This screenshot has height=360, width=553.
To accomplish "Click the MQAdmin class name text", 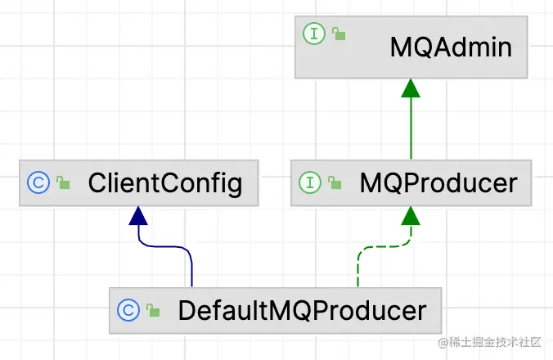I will (x=451, y=47).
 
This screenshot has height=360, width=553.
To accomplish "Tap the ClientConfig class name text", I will (x=165, y=182).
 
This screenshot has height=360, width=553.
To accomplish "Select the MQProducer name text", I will (x=438, y=182).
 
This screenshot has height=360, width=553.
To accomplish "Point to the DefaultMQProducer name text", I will (x=302, y=311).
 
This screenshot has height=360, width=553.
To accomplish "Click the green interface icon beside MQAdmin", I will (x=315, y=34).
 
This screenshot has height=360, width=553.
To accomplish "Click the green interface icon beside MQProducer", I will (x=310, y=182).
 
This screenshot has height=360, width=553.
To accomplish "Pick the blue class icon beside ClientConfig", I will (x=38, y=182).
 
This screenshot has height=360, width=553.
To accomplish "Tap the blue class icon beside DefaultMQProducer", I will (x=128, y=310).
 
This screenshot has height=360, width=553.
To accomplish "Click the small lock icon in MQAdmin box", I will (x=338, y=34).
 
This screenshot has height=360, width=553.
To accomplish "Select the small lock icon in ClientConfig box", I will (x=63, y=184).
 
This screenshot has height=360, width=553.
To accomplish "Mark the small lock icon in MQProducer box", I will (x=335, y=184).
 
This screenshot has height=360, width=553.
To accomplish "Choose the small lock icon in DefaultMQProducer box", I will (x=153, y=311).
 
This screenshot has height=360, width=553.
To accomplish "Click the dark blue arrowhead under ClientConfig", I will (x=139, y=215).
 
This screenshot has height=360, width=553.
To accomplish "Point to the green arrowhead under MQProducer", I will (x=411, y=215).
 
